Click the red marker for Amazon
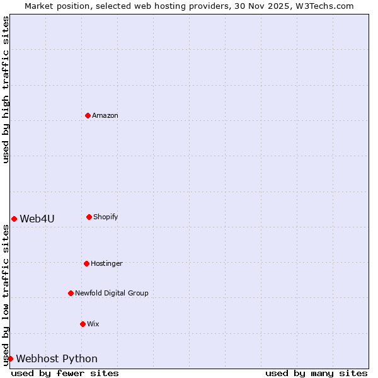(x=88, y=115)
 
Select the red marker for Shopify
(x=89, y=217)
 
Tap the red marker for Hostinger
(x=86, y=263)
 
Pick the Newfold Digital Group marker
(x=71, y=293)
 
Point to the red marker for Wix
(x=83, y=324)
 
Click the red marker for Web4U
(x=14, y=219)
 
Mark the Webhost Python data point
(x=10, y=358)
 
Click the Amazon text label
(x=105, y=115)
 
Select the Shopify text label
(x=106, y=217)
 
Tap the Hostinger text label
(x=106, y=263)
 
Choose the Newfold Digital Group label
(x=112, y=293)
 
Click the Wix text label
(x=93, y=324)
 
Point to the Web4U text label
(x=37, y=219)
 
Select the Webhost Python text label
(x=57, y=358)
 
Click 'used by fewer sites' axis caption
(x=65, y=373)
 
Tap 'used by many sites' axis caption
(x=316, y=373)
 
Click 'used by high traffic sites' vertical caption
(x=6, y=89)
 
